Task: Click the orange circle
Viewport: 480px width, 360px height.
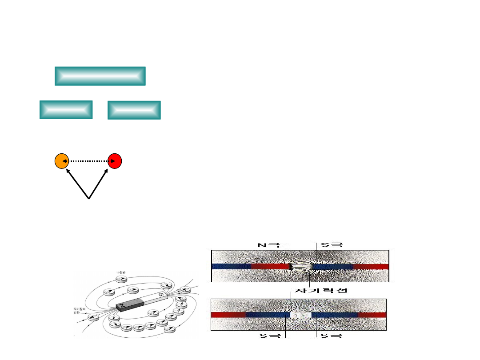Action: click(x=61, y=161)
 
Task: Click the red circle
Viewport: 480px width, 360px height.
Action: click(x=115, y=161)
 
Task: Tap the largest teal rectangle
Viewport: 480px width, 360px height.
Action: click(x=100, y=76)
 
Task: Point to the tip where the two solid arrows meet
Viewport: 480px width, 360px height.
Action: click(x=89, y=199)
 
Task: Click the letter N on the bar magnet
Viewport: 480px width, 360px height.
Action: click(x=120, y=307)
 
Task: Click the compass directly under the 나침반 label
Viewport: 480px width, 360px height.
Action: click(x=121, y=279)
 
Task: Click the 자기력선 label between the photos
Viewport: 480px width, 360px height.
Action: click(x=319, y=291)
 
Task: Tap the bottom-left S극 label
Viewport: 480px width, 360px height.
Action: click(x=269, y=336)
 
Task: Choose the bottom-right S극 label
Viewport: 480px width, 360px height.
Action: click(x=332, y=336)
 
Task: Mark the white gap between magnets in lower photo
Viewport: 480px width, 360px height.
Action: click(x=300, y=315)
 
